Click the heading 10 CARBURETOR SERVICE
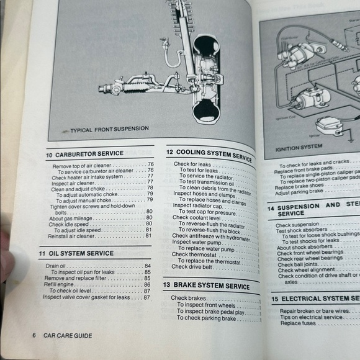click(84, 153)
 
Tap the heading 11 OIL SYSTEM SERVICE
click(76, 253)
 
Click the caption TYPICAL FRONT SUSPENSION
click(109, 129)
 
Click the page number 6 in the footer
click(34, 336)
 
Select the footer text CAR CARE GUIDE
click(68, 336)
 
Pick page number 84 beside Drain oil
click(148, 266)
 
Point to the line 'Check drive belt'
click(194, 268)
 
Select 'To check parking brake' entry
click(207, 318)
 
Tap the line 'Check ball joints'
click(298, 264)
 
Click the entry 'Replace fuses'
click(297, 323)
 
